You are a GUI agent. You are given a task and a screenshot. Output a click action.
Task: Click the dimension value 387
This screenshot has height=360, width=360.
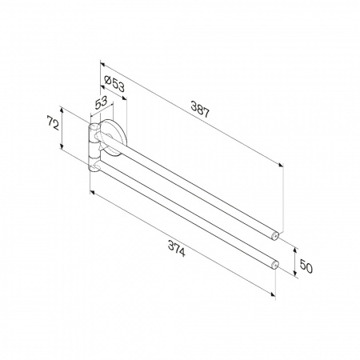coord(200,109)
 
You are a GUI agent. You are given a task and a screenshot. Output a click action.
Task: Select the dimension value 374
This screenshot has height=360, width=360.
coord(177,249)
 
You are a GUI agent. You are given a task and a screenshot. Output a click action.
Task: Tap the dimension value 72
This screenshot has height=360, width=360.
coord(53,122)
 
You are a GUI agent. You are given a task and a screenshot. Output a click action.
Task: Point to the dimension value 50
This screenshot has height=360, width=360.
coord(306,266)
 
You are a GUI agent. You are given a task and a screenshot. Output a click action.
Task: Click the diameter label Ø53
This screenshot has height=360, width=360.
coord(114,83)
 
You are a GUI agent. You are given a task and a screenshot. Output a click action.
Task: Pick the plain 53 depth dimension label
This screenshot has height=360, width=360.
coord(101,102)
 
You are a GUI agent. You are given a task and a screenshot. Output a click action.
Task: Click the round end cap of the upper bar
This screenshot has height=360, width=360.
coord(275,235)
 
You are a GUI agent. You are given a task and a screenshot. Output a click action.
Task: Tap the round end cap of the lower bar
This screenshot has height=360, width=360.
coord(275,265)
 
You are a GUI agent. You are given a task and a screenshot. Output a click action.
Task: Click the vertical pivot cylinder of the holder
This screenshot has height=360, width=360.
coord(94,147)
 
